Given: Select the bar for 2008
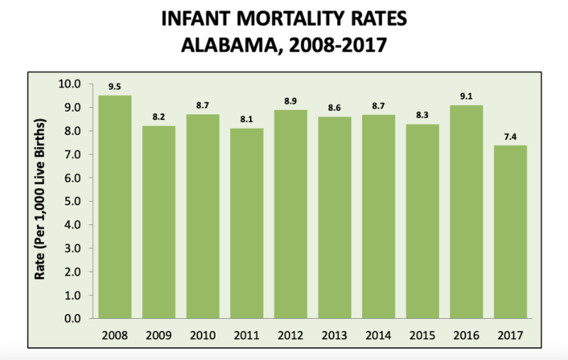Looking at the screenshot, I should click(114, 206).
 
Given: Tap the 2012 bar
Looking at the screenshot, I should click(291, 213).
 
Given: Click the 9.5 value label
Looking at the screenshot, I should click(114, 87).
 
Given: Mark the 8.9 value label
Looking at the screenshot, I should click(291, 101).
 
